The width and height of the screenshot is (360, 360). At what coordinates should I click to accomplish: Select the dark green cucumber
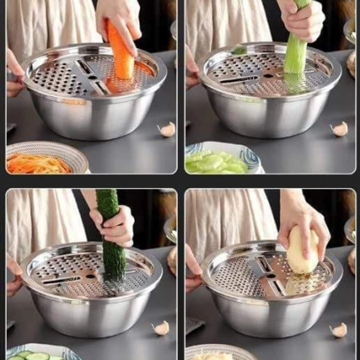pyautogui.click(x=111, y=243)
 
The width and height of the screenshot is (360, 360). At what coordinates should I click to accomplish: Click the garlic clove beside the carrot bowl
pyautogui.click(x=167, y=130)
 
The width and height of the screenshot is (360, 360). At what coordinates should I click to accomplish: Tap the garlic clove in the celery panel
pyautogui.click(x=340, y=129)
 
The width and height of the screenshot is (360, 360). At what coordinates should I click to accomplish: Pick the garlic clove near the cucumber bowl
pyautogui.click(x=161, y=328)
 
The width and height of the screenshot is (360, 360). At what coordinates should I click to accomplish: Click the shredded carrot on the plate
pyautogui.click(x=38, y=165)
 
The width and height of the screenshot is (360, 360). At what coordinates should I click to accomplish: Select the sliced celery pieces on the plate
pyautogui.click(x=216, y=163)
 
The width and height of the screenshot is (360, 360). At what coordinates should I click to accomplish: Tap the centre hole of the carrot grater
pyautogui.click(x=93, y=77)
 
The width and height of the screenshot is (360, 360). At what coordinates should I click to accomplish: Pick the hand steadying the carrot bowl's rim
pyautogui.click(x=14, y=74)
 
